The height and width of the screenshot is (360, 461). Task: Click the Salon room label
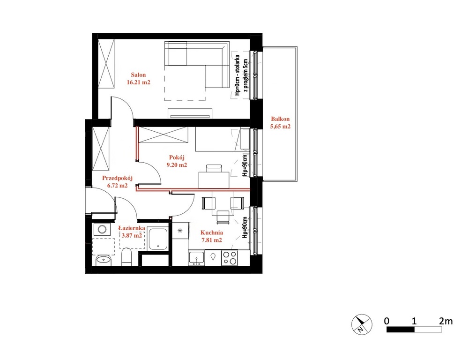point(138,75)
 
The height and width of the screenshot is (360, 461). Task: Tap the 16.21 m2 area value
point(139,82)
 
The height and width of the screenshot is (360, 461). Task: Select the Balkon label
point(280,119)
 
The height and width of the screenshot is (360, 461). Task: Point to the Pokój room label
point(177,158)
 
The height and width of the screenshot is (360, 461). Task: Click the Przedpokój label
point(117,178)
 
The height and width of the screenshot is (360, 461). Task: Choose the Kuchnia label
point(212,232)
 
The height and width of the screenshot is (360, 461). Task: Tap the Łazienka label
point(132,228)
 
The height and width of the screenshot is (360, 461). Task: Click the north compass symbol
point(362,324)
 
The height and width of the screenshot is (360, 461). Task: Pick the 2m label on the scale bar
point(446,321)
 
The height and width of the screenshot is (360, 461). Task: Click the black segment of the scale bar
point(401,330)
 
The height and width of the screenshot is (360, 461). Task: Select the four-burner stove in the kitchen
point(230,258)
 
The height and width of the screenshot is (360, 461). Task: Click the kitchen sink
point(196,258)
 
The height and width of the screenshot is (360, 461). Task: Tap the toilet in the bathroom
point(127,257)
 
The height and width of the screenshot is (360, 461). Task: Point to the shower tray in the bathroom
point(157,239)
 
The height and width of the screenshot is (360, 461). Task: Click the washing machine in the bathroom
point(102,229)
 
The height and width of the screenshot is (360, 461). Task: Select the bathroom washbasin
point(103,260)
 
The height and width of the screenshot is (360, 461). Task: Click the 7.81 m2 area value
point(212,240)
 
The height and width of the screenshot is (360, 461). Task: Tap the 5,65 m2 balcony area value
point(280,127)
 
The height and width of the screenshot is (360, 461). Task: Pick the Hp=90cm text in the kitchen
point(244,227)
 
